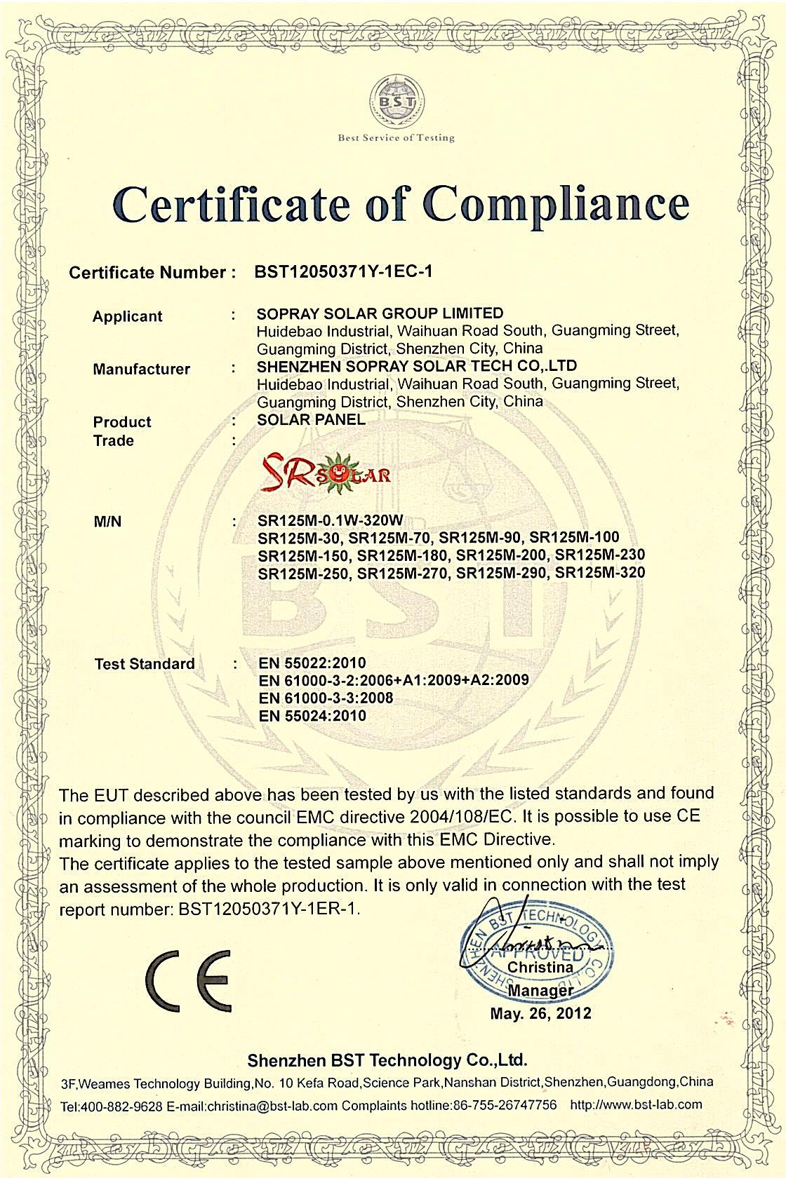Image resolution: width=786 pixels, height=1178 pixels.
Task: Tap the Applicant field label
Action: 127,316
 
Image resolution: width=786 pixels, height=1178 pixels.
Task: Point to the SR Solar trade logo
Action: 324,473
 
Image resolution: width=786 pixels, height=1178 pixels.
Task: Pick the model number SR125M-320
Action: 600,573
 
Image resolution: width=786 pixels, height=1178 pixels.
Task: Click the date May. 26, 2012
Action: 540,1013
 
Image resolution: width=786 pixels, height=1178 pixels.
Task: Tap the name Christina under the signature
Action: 540,967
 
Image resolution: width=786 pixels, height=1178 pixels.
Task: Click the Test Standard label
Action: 144,663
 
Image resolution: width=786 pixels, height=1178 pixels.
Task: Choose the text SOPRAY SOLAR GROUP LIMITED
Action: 380,313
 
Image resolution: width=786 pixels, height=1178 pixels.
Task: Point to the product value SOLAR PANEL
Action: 311,419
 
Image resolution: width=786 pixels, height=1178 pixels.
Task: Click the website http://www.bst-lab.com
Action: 636,1104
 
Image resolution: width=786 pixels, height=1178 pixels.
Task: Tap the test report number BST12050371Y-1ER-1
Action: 269,909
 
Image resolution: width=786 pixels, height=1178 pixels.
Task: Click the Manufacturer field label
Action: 141,369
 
